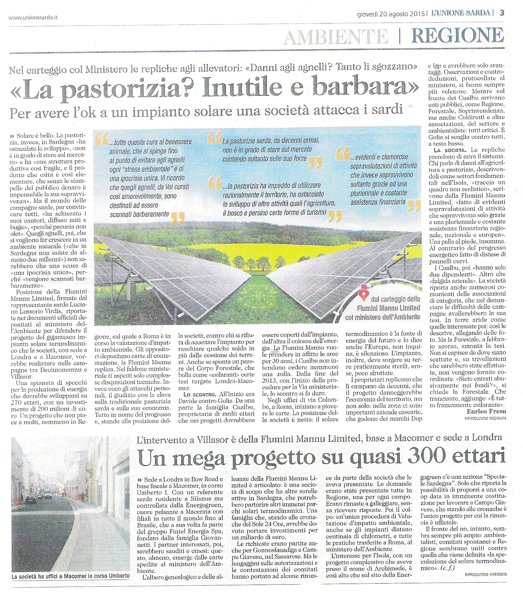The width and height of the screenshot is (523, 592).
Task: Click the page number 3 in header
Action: coord(502,13)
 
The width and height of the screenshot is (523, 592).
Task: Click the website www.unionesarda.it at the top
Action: coord(33,17)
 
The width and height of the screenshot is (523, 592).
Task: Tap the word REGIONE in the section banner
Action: coord(458,35)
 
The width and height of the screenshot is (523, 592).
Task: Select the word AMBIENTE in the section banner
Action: coord(335,37)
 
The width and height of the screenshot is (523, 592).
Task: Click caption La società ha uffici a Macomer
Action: coord(70,576)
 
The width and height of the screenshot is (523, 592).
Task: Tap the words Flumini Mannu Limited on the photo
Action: coord(388,308)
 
